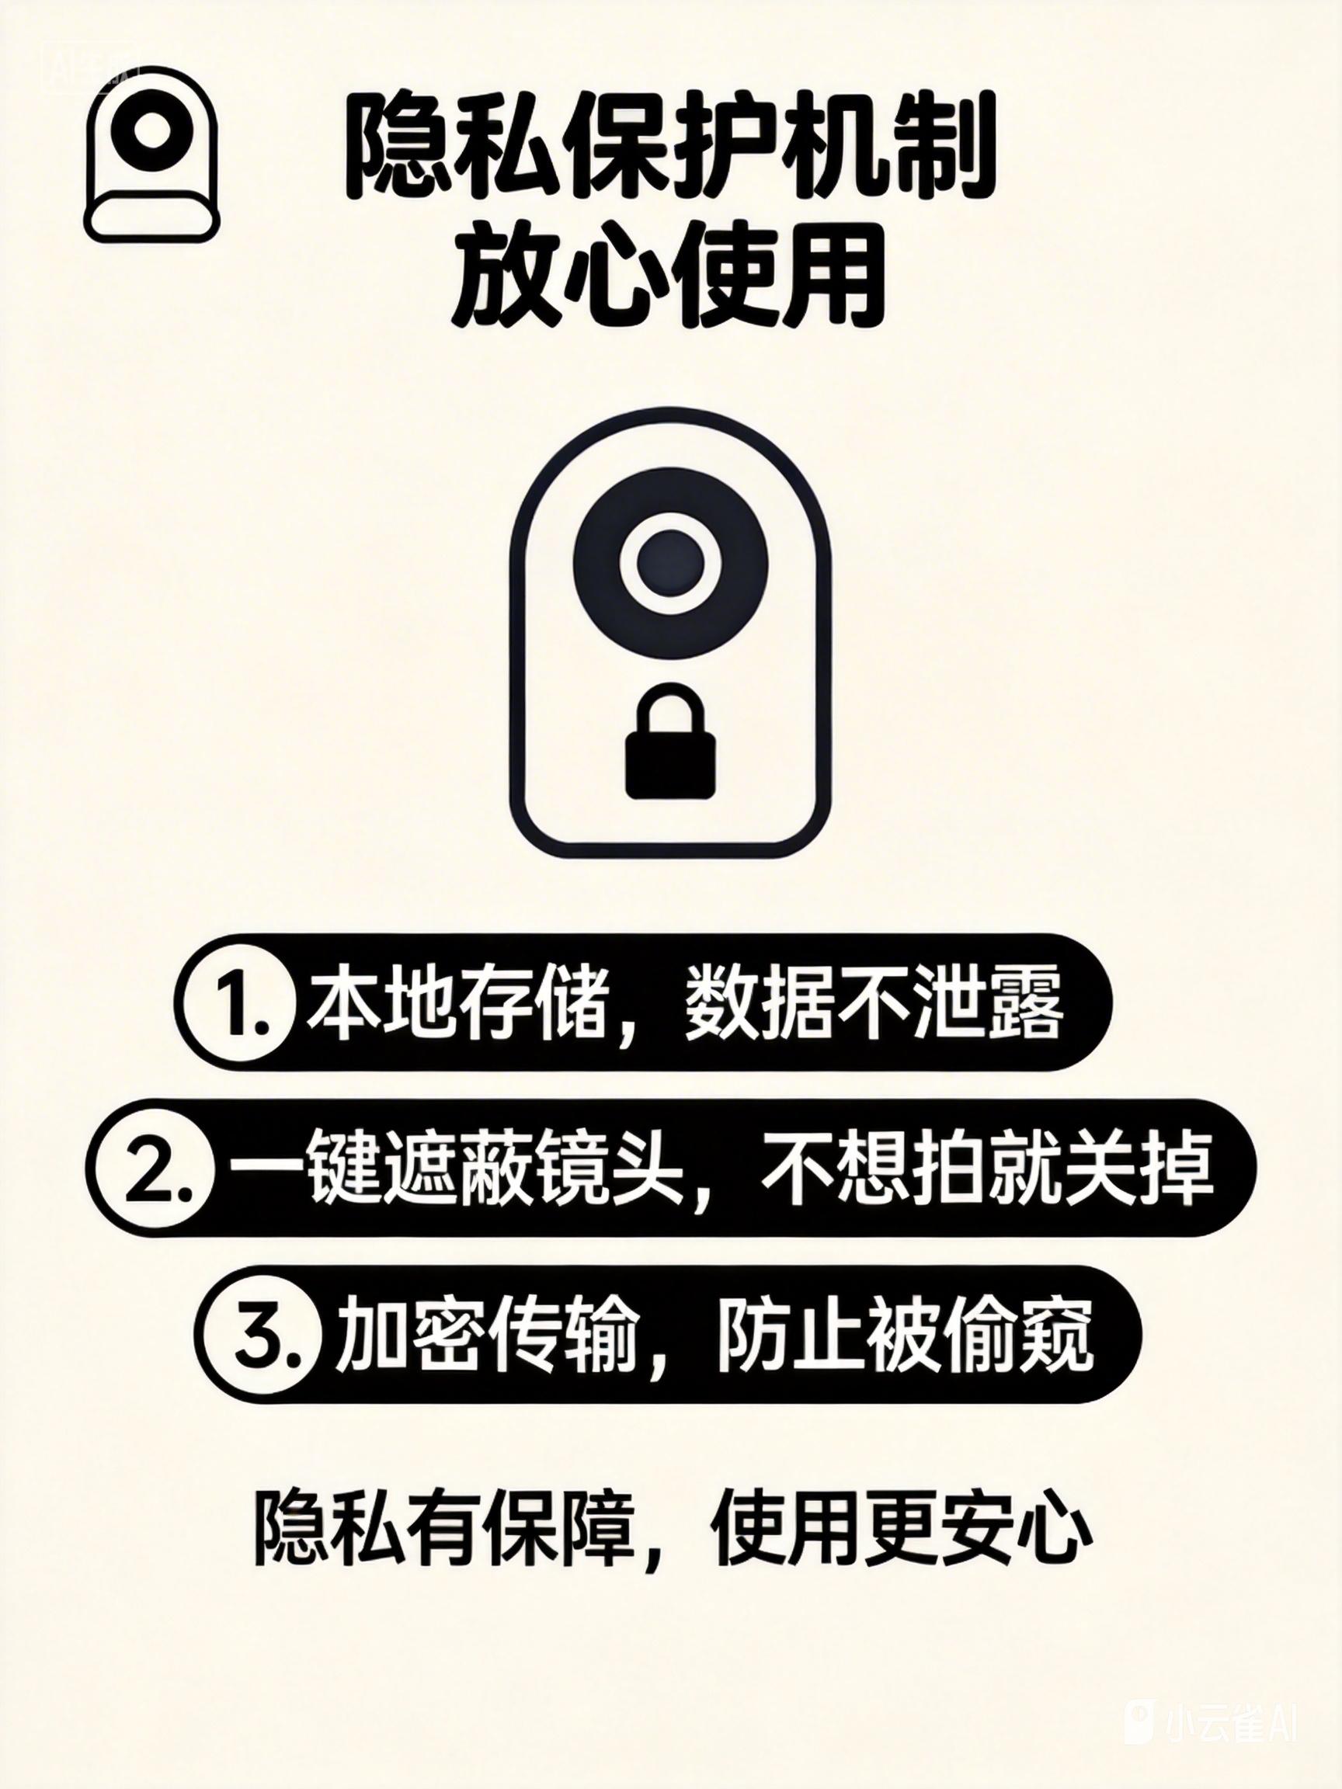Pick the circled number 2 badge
coord(153,1168)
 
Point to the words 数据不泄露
coord(874,1005)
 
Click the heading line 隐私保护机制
coord(670,152)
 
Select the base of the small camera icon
coord(151,216)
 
